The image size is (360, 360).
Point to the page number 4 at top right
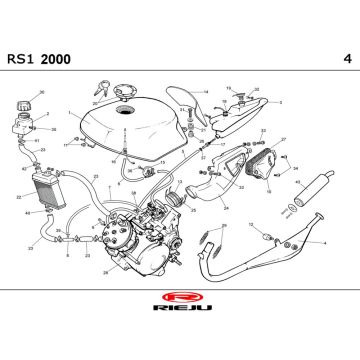click(345, 59)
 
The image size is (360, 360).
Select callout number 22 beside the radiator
click(18, 197)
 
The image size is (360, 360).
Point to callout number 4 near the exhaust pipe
click(324, 243)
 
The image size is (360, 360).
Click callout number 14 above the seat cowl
click(205, 92)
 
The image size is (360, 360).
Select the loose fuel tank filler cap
click(125, 96)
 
